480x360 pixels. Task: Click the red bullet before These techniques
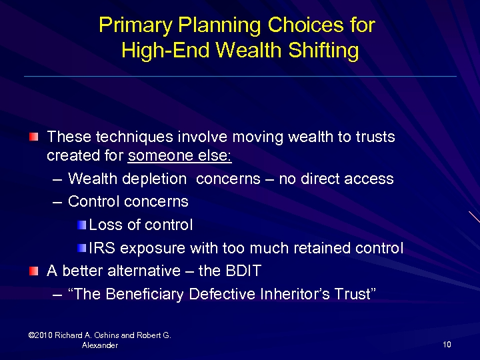[33, 137]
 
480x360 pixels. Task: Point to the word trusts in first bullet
[374, 137]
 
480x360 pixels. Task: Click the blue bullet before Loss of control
[81, 225]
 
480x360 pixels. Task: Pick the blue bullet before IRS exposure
[81, 248]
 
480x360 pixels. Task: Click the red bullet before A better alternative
[33, 271]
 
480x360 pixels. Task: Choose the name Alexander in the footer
[100, 345]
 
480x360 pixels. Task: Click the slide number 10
[447, 345]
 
